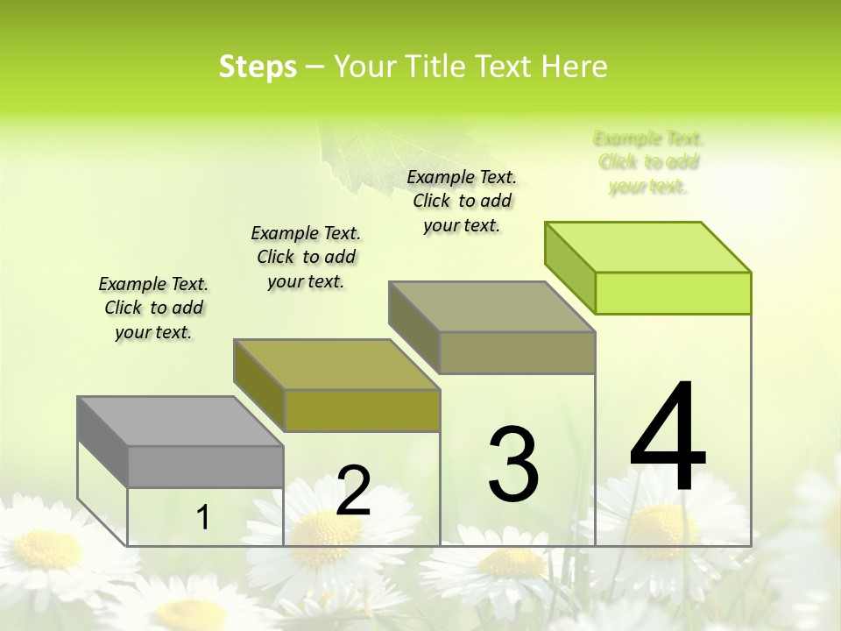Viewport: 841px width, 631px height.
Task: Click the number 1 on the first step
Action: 203,518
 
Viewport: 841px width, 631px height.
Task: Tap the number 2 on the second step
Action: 353,491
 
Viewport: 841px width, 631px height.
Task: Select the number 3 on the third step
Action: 513,464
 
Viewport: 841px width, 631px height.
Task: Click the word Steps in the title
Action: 258,67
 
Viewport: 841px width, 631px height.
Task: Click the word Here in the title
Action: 575,67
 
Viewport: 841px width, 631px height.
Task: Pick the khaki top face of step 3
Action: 492,307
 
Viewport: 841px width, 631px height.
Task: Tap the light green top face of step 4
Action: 648,247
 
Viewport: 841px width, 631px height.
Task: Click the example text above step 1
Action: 153,308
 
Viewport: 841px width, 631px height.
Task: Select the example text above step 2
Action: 306,257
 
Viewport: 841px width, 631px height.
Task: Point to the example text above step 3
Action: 462,201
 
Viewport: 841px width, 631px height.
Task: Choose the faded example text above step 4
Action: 648,162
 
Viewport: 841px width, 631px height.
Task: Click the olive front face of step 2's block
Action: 362,410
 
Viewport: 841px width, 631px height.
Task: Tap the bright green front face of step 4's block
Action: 673,293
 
